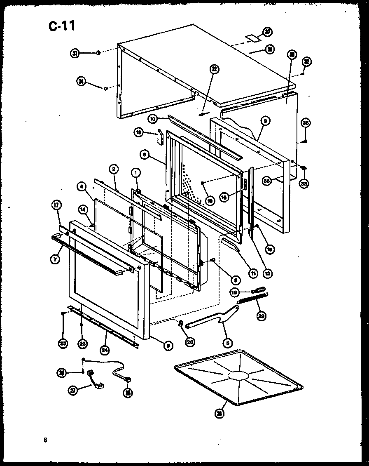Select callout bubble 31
(x=75, y=53)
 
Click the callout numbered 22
(x=214, y=69)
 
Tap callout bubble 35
(x=305, y=122)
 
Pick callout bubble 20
(x=190, y=342)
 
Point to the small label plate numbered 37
(x=252, y=38)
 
